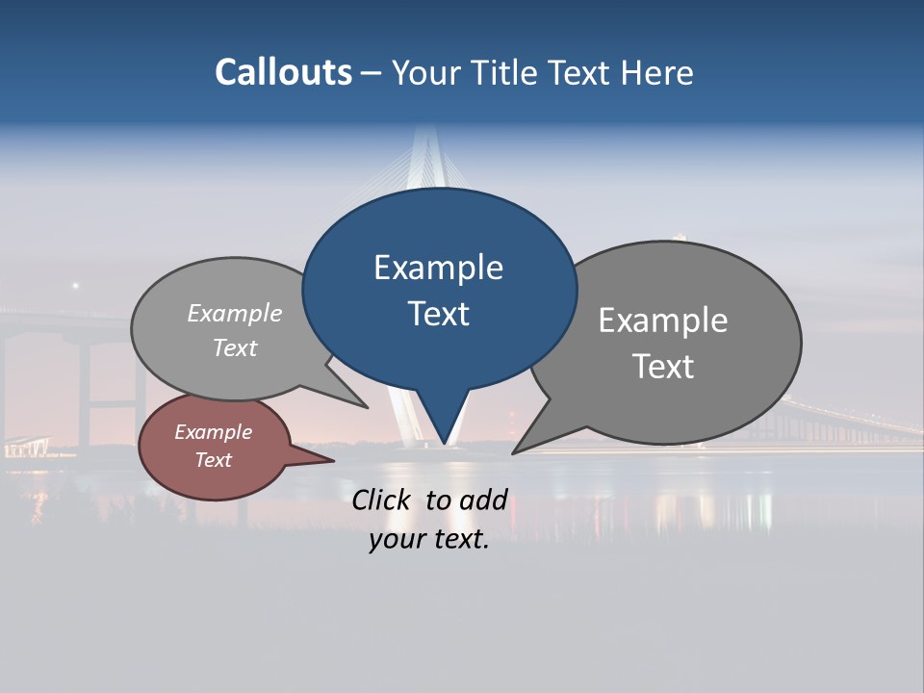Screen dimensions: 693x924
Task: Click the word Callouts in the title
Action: [283, 72]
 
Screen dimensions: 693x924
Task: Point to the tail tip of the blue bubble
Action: [444, 444]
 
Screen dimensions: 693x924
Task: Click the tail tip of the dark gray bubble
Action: [514, 452]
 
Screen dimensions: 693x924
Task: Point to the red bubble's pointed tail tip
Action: [333, 460]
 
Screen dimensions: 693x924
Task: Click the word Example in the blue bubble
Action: [438, 268]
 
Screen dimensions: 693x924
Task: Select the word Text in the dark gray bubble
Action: [663, 367]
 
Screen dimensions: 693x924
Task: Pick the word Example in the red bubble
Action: [213, 432]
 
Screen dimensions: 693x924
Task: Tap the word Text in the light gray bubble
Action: [235, 347]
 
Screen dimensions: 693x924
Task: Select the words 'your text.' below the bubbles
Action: [429, 539]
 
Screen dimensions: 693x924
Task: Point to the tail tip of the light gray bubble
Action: [368, 407]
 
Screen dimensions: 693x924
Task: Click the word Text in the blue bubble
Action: [439, 314]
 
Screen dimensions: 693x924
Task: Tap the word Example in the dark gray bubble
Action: [663, 320]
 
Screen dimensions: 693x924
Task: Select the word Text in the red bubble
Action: [213, 460]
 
